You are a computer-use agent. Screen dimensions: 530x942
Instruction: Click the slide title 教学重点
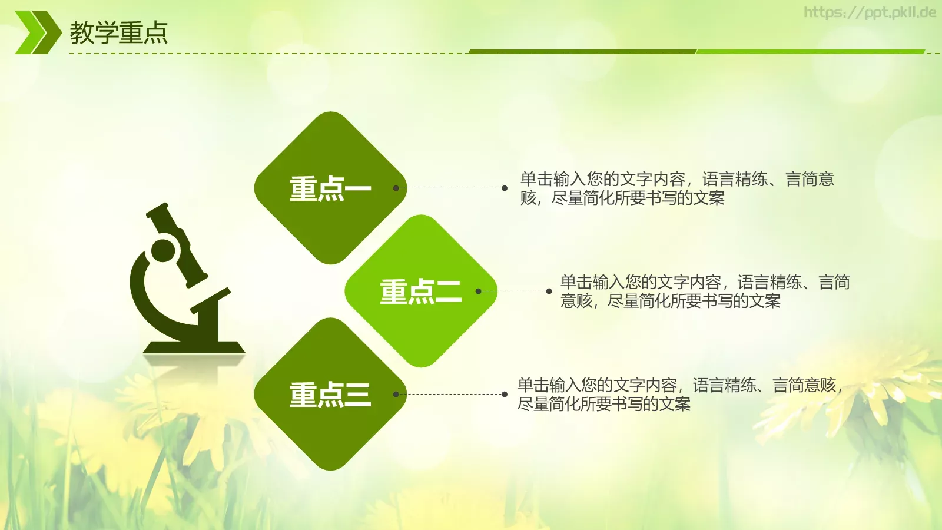click(x=119, y=32)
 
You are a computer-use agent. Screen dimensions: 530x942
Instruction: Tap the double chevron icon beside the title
click(x=38, y=32)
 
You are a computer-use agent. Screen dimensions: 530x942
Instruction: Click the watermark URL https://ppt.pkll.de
click(x=870, y=12)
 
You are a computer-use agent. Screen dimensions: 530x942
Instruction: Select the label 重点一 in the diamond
click(x=330, y=189)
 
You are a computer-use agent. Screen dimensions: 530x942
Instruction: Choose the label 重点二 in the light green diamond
click(x=420, y=291)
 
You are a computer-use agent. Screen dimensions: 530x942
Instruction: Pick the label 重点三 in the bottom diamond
click(x=330, y=395)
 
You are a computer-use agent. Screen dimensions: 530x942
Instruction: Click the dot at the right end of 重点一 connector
click(x=505, y=188)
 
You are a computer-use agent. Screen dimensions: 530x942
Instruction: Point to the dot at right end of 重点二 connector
click(x=549, y=291)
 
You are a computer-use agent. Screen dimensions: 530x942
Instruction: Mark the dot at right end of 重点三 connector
click(x=505, y=394)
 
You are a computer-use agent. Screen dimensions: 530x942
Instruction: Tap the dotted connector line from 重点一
click(x=450, y=188)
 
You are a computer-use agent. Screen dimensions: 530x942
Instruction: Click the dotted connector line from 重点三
click(x=450, y=394)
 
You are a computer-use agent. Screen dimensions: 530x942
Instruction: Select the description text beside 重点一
click(x=677, y=188)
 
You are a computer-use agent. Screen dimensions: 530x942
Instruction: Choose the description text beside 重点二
click(x=705, y=291)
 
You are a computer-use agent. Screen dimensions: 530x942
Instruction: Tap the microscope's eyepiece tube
click(x=176, y=241)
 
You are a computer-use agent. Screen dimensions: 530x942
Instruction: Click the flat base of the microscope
click(x=194, y=347)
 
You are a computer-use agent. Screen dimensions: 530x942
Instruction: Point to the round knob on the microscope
click(x=163, y=250)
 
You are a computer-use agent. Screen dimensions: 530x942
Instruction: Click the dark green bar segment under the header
click(x=583, y=52)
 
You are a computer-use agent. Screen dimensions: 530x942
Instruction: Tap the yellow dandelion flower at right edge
click(x=883, y=383)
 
